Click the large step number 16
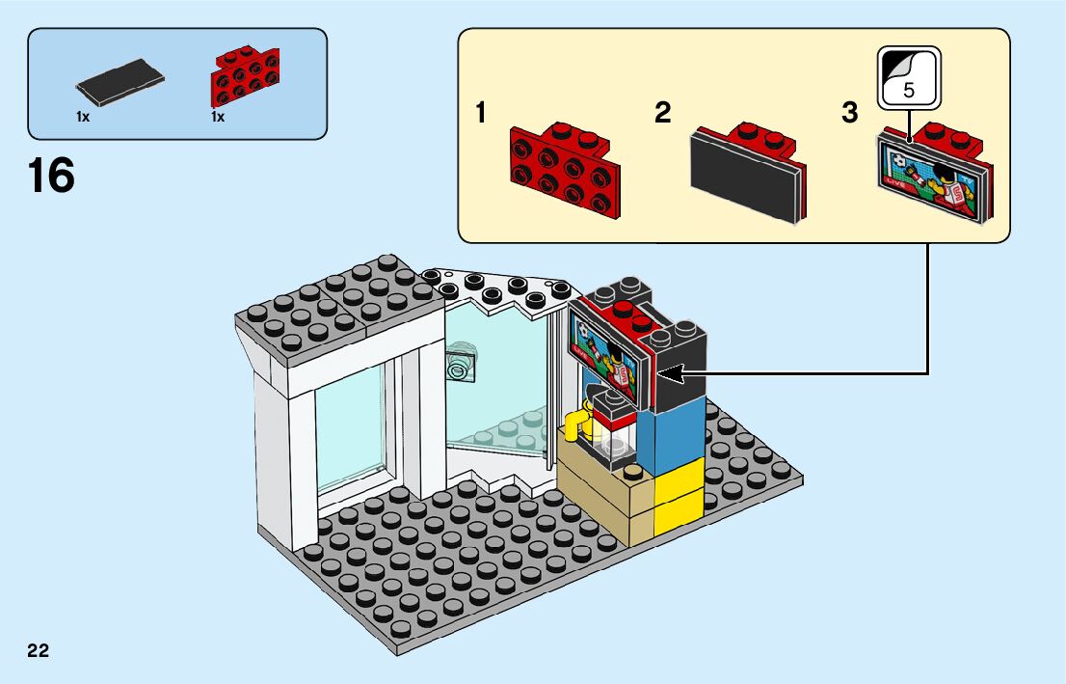[x=52, y=177]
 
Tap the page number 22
[x=39, y=650]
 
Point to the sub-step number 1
[x=480, y=114]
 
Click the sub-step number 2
[x=662, y=114]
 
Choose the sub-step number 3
[x=849, y=114]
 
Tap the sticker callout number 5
[x=909, y=91]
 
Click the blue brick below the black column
[x=680, y=440]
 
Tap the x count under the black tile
[x=83, y=117]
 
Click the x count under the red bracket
[x=218, y=117]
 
